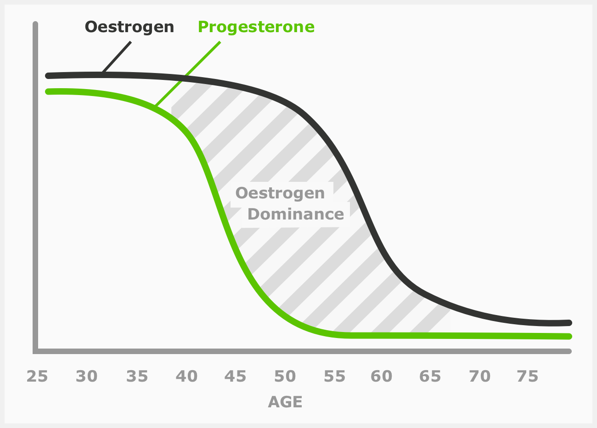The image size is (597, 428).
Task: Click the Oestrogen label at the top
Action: click(x=130, y=27)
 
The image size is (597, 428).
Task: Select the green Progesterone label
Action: click(x=256, y=27)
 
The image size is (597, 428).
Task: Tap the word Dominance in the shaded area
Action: click(x=295, y=214)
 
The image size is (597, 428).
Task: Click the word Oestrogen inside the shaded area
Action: click(x=280, y=193)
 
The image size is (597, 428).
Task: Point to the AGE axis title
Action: click(x=285, y=402)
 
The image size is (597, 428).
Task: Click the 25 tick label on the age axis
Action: click(x=37, y=377)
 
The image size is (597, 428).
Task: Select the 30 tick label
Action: click(x=87, y=377)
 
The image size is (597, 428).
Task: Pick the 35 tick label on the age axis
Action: click(x=137, y=377)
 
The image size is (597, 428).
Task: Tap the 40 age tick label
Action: click(x=186, y=377)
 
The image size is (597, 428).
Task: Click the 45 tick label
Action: click(x=236, y=377)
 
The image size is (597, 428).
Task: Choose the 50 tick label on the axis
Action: click(x=285, y=377)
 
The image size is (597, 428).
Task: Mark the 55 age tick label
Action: click(x=335, y=377)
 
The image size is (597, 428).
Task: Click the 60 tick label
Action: click(x=382, y=377)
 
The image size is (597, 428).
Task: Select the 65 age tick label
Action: click(x=430, y=377)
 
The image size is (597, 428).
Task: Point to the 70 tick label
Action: click(x=480, y=377)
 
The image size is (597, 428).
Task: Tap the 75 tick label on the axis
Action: click(x=527, y=377)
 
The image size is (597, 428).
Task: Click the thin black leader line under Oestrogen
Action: click(x=117, y=57)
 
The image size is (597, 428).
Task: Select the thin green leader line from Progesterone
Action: click(x=188, y=74)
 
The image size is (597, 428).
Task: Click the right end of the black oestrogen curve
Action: click(x=569, y=322)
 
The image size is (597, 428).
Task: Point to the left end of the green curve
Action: click(x=48, y=91)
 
